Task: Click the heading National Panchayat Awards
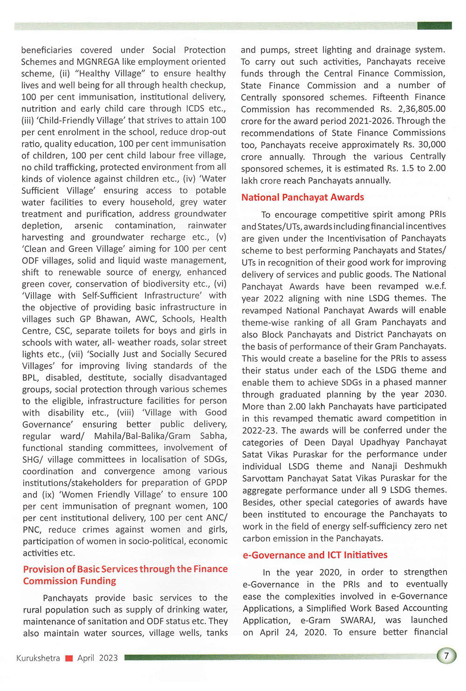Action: [x=302, y=197]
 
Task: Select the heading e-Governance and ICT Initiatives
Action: [x=315, y=555]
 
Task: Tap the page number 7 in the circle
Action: [x=446, y=656]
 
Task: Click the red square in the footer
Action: [x=69, y=658]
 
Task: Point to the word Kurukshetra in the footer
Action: [x=38, y=658]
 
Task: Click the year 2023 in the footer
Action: [x=108, y=658]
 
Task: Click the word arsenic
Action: [x=89, y=226]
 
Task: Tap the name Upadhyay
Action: [x=377, y=442]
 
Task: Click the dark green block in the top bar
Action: [x=434, y=25]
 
